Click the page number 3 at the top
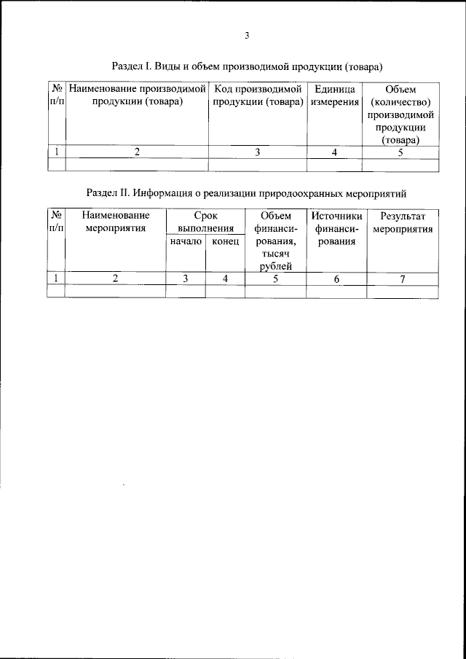248,34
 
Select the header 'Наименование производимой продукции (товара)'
138,95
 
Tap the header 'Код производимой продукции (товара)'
258,95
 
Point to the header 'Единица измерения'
334,95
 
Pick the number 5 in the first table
401,152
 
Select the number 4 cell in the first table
334,152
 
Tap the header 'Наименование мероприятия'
116,222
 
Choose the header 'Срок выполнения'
205,222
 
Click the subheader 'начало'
186,241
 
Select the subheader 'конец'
225,241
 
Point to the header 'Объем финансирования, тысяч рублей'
275,241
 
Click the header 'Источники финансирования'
336,228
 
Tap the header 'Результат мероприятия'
403,222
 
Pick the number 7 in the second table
403,278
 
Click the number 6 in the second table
336,278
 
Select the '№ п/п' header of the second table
56,222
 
